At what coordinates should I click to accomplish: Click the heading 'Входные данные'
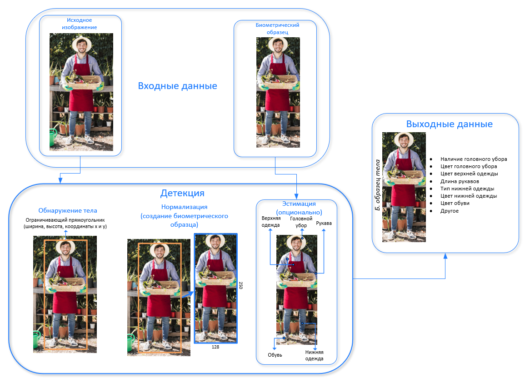pyautogui.click(x=177, y=86)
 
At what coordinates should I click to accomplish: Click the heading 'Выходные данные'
pyautogui.click(x=449, y=124)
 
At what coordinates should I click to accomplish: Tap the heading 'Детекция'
pyautogui.click(x=182, y=193)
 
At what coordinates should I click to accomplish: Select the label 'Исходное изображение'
pyautogui.click(x=80, y=24)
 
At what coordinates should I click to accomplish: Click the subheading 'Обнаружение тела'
pyautogui.click(x=68, y=210)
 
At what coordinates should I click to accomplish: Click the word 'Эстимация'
pyautogui.click(x=299, y=204)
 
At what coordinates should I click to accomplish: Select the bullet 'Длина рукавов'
pyautogui.click(x=460, y=181)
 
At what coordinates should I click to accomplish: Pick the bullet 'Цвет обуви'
pyautogui.click(x=455, y=203)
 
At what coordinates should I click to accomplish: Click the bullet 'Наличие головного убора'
pyautogui.click(x=473, y=159)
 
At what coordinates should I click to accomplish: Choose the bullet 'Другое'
pyautogui.click(x=450, y=210)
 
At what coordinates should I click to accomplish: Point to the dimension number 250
pyautogui.click(x=241, y=285)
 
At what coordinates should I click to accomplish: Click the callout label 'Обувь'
pyautogui.click(x=275, y=355)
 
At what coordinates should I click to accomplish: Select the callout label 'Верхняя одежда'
pyautogui.click(x=270, y=221)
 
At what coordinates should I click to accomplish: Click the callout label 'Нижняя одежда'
pyautogui.click(x=314, y=355)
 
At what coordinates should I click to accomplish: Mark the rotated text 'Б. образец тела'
pyautogui.click(x=377, y=187)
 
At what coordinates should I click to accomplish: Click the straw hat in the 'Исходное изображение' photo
pyautogui.click(x=81, y=42)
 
